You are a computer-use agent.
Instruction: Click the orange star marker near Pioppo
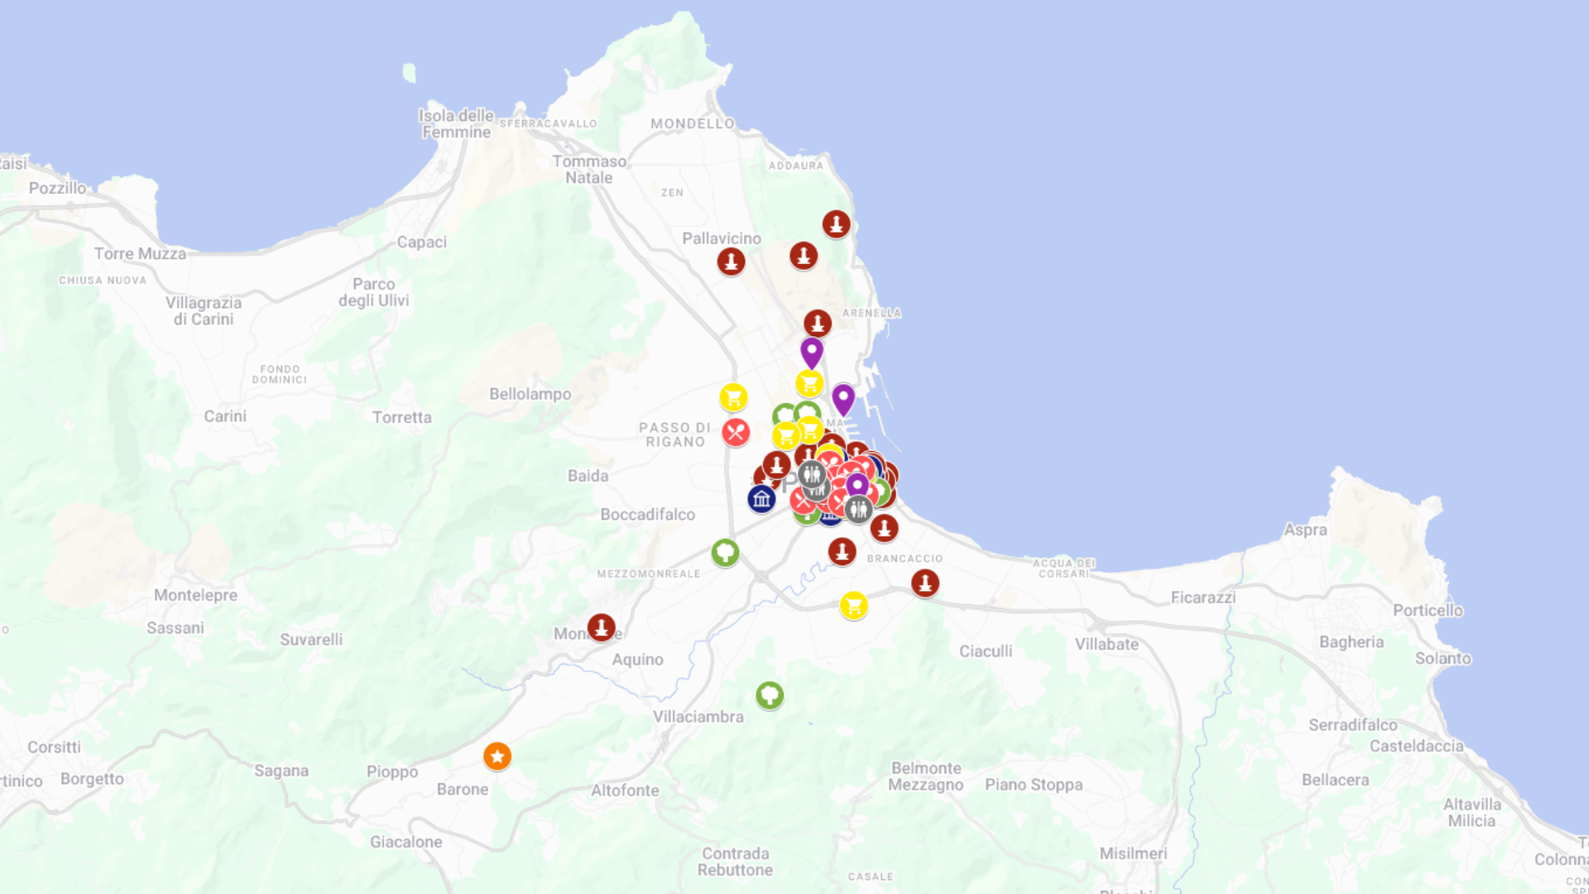click(x=497, y=756)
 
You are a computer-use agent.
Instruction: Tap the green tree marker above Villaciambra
click(x=770, y=695)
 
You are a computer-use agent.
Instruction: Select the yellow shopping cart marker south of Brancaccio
click(x=853, y=605)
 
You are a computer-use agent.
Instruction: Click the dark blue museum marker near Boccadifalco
click(x=761, y=498)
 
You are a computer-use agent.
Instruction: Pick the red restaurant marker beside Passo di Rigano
click(x=735, y=432)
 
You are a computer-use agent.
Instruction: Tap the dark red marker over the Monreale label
click(x=601, y=627)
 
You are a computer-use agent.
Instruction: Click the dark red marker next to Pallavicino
click(x=731, y=261)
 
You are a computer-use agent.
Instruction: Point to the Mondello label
click(x=692, y=123)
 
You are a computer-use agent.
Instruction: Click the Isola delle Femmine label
click(x=456, y=123)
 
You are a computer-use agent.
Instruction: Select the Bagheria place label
click(x=1351, y=642)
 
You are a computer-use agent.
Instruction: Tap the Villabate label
click(x=1107, y=644)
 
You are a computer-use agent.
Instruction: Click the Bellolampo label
click(x=530, y=394)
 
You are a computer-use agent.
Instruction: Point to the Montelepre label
click(x=195, y=595)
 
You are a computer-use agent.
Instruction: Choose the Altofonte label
click(x=625, y=790)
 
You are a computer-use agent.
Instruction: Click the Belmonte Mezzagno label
click(x=926, y=776)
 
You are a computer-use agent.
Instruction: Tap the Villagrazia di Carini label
click(x=204, y=310)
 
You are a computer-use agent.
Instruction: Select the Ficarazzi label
click(x=1203, y=597)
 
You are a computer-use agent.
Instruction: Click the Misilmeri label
click(x=1133, y=853)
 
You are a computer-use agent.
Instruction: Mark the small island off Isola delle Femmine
click(x=409, y=73)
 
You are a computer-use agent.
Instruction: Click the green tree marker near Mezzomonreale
click(x=725, y=552)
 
